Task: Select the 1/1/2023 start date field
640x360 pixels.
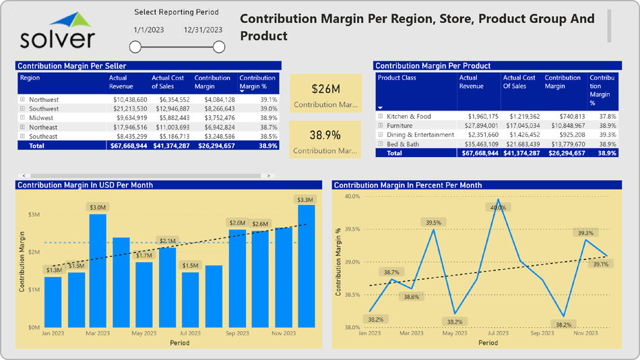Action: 148,30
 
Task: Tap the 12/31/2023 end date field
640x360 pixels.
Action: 203,30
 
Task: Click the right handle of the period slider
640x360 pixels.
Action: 219,47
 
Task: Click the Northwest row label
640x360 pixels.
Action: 44,100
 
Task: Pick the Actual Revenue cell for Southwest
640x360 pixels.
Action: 128,109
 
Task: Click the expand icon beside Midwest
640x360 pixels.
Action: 22,118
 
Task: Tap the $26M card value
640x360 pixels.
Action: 326,88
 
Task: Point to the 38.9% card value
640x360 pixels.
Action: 326,135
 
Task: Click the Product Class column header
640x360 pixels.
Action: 397,78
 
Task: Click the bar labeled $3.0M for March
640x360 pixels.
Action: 98,270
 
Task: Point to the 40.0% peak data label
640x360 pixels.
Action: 498,208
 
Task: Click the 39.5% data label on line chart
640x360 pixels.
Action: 433,222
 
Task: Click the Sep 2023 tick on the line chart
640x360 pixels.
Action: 542,333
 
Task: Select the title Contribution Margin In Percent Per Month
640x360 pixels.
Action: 408,185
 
